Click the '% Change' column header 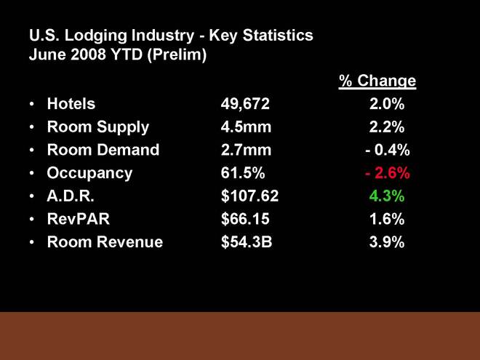point(377,81)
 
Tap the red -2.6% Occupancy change point(387,173)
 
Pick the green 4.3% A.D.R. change point(387,196)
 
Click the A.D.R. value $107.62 point(249,196)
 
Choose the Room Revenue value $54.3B point(247,243)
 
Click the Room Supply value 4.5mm point(246,127)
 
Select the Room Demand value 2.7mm point(246,151)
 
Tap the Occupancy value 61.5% point(243,173)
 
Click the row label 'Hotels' point(71,104)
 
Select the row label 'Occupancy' point(89,173)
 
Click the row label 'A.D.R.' point(71,196)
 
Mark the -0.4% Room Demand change point(387,151)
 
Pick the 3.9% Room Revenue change point(387,243)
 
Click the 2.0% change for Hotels point(387,104)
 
